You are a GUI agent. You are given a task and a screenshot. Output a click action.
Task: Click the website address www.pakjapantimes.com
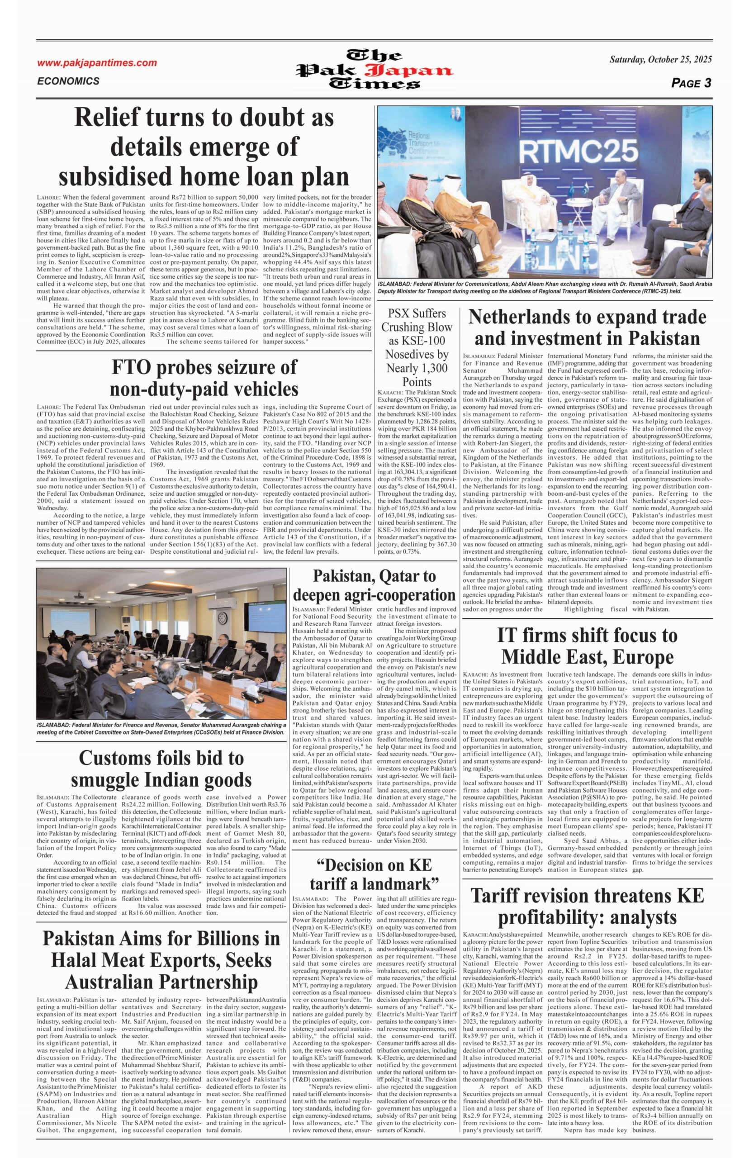97,63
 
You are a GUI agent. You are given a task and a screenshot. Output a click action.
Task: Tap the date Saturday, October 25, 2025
660,59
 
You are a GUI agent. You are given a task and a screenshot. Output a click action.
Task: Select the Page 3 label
691,83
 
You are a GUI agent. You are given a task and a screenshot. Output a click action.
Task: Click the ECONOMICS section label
68,81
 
